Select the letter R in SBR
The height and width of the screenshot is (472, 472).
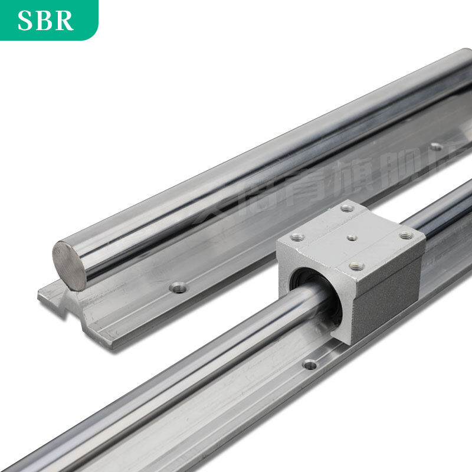(x=64, y=20)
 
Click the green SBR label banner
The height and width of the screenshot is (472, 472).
(x=47, y=19)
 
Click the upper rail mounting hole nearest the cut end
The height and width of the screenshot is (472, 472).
(x=178, y=287)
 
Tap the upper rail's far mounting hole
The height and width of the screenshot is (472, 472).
(x=435, y=146)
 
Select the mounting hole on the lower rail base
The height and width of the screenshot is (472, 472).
(x=310, y=364)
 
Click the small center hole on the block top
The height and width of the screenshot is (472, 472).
(x=352, y=238)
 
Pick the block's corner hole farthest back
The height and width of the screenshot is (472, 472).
(x=347, y=208)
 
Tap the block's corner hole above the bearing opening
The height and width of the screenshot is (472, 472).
(x=297, y=237)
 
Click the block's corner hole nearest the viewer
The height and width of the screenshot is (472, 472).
(x=356, y=266)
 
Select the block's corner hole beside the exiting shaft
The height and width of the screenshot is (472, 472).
(x=406, y=235)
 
